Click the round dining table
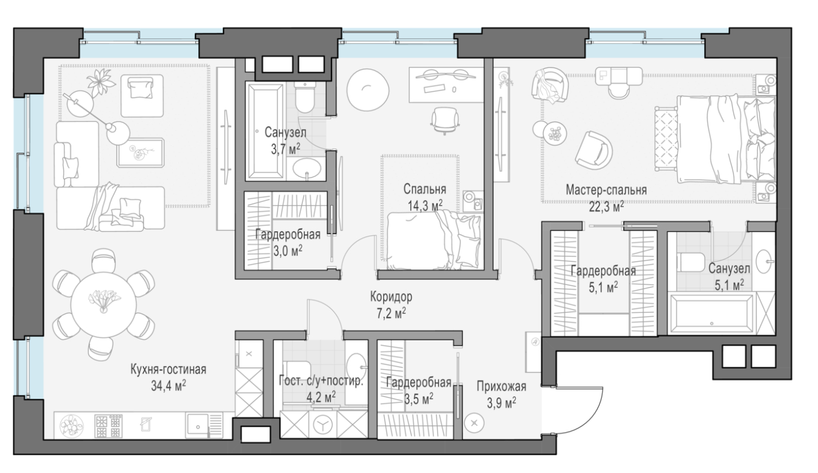[x=103, y=304]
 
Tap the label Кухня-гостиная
[x=169, y=370]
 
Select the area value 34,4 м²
[x=169, y=385]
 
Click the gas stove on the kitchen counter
[x=109, y=426]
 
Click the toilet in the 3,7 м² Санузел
[x=305, y=97]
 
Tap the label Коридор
[x=391, y=297]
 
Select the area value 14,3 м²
[x=425, y=206]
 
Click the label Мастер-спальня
[x=606, y=190]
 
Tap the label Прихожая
[x=501, y=387]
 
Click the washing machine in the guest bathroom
[x=323, y=425]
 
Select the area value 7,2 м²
[x=391, y=313]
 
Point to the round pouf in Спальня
[x=368, y=89]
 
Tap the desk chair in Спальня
[x=445, y=121]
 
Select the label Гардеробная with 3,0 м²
[x=288, y=234]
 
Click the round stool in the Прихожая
[x=474, y=423]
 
